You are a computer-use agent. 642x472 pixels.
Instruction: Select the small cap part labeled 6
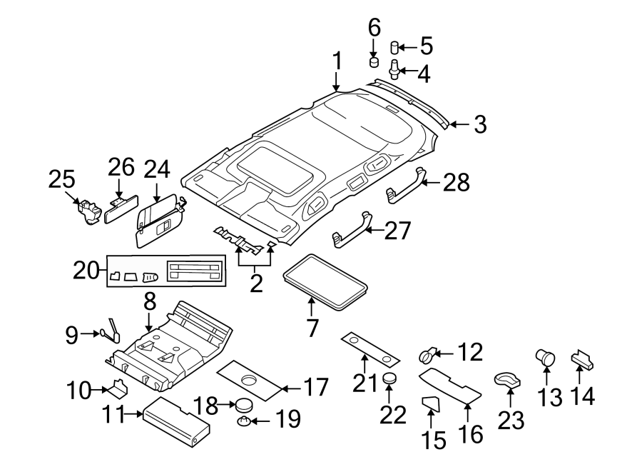(x=373, y=61)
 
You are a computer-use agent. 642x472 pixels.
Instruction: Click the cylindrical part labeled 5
(x=394, y=48)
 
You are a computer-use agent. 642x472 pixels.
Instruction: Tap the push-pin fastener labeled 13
(x=546, y=356)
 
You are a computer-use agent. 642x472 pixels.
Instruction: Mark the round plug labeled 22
(x=389, y=378)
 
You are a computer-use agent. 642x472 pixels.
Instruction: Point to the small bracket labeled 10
(x=117, y=390)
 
